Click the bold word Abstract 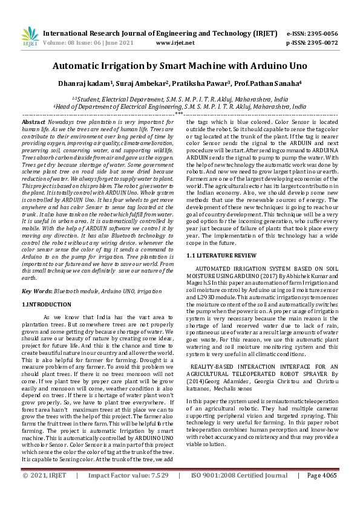tap(33, 122)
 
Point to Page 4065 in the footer tap(322, 493)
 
